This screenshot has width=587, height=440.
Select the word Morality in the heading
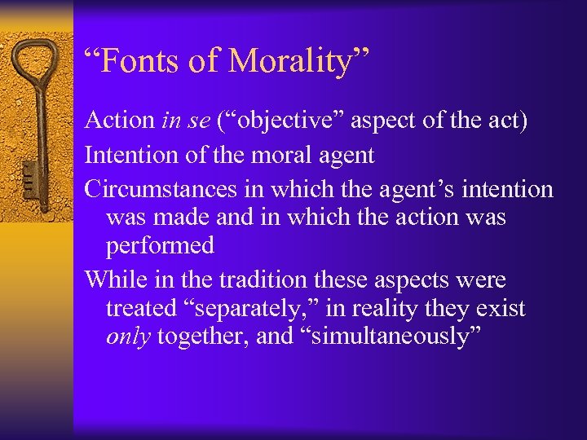[x=297, y=62]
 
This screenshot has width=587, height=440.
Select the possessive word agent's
[x=400, y=190]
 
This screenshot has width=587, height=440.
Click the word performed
[x=160, y=246]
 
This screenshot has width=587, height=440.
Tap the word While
[x=115, y=280]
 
